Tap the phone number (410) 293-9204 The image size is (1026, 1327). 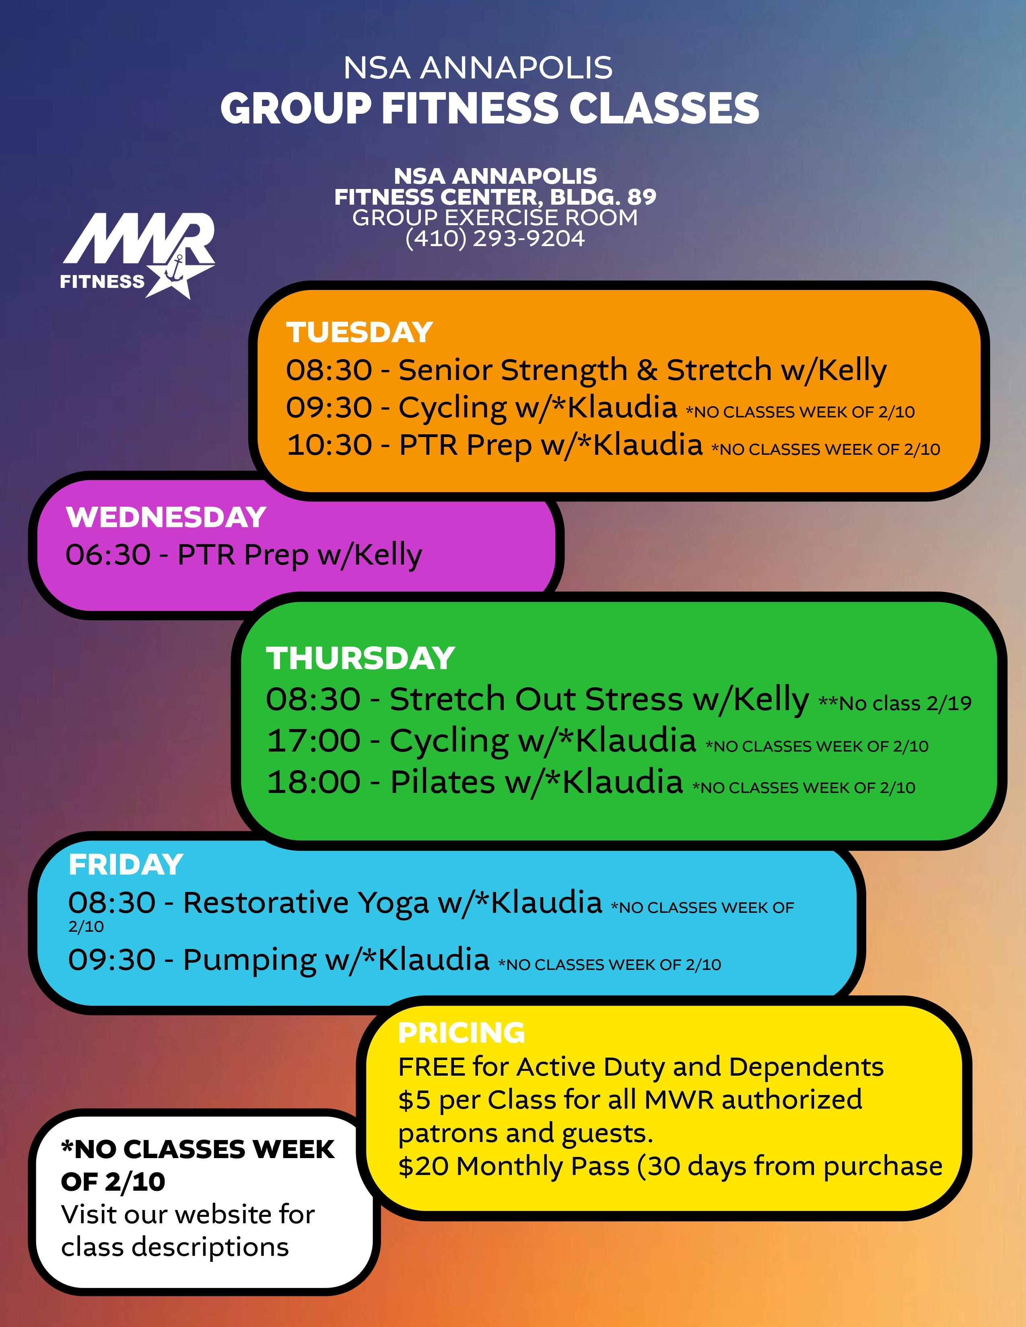(x=495, y=238)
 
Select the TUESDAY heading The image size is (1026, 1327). (x=359, y=333)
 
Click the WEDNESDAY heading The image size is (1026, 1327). (x=166, y=517)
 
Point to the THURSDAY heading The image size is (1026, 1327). (x=361, y=658)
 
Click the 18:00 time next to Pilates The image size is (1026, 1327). (x=314, y=782)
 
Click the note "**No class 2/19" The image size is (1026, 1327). (x=895, y=703)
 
